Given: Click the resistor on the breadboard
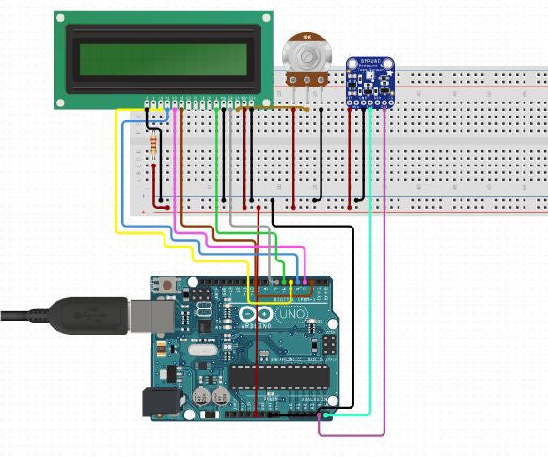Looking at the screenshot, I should coord(153,143).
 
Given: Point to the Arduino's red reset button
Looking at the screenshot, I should coord(166,285).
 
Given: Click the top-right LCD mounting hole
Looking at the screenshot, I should coord(264,18).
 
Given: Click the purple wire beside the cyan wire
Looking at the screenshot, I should coord(384,282).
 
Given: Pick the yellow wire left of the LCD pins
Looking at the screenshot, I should coord(117,169).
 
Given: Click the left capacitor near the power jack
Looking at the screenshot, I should coord(202,398).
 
